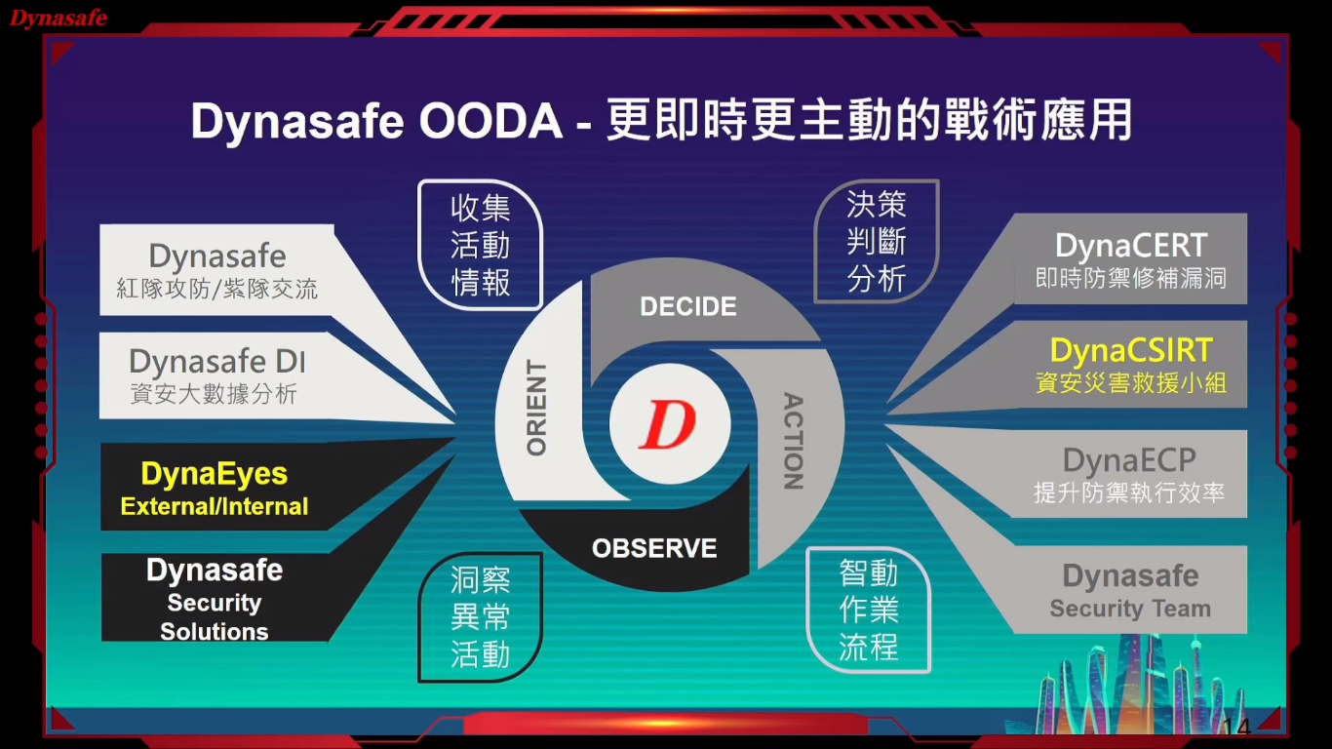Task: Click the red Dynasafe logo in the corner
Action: coord(59,18)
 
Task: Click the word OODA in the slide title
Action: coord(490,121)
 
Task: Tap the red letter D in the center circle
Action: coord(667,424)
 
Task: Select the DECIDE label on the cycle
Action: coord(688,306)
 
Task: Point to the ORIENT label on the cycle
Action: coord(536,408)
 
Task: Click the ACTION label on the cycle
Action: coord(794,441)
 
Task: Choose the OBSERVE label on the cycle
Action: coord(654,548)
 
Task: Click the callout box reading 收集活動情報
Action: coord(480,245)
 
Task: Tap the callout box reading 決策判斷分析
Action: coord(877,241)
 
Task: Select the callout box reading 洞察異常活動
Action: coord(480,617)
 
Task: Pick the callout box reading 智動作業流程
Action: coord(868,610)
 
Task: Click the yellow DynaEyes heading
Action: coord(215,474)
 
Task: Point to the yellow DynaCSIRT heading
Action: coord(1131,350)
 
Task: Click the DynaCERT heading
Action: coord(1131,245)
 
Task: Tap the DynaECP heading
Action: coord(1129,460)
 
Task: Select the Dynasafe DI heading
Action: coord(217,361)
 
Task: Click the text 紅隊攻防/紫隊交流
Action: coord(217,289)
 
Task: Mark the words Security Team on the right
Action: coord(1130,609)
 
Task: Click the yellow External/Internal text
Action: coord(215,506)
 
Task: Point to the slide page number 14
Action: coord(1236,727)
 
